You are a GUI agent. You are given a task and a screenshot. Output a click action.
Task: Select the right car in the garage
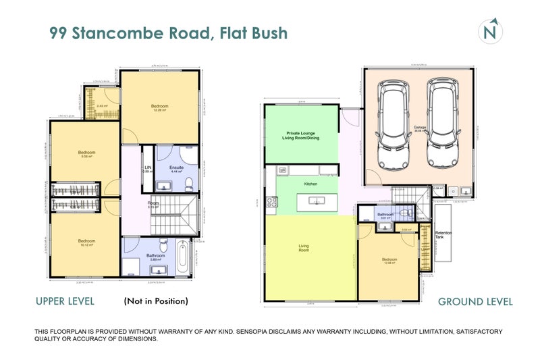(443, 125)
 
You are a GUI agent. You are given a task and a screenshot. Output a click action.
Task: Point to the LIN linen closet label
(147, 169)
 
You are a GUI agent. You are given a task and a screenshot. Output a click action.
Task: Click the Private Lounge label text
(300, 134)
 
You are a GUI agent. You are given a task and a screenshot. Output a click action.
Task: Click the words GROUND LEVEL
(475, 302)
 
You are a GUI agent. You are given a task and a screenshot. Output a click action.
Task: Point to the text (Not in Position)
(156, 301)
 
